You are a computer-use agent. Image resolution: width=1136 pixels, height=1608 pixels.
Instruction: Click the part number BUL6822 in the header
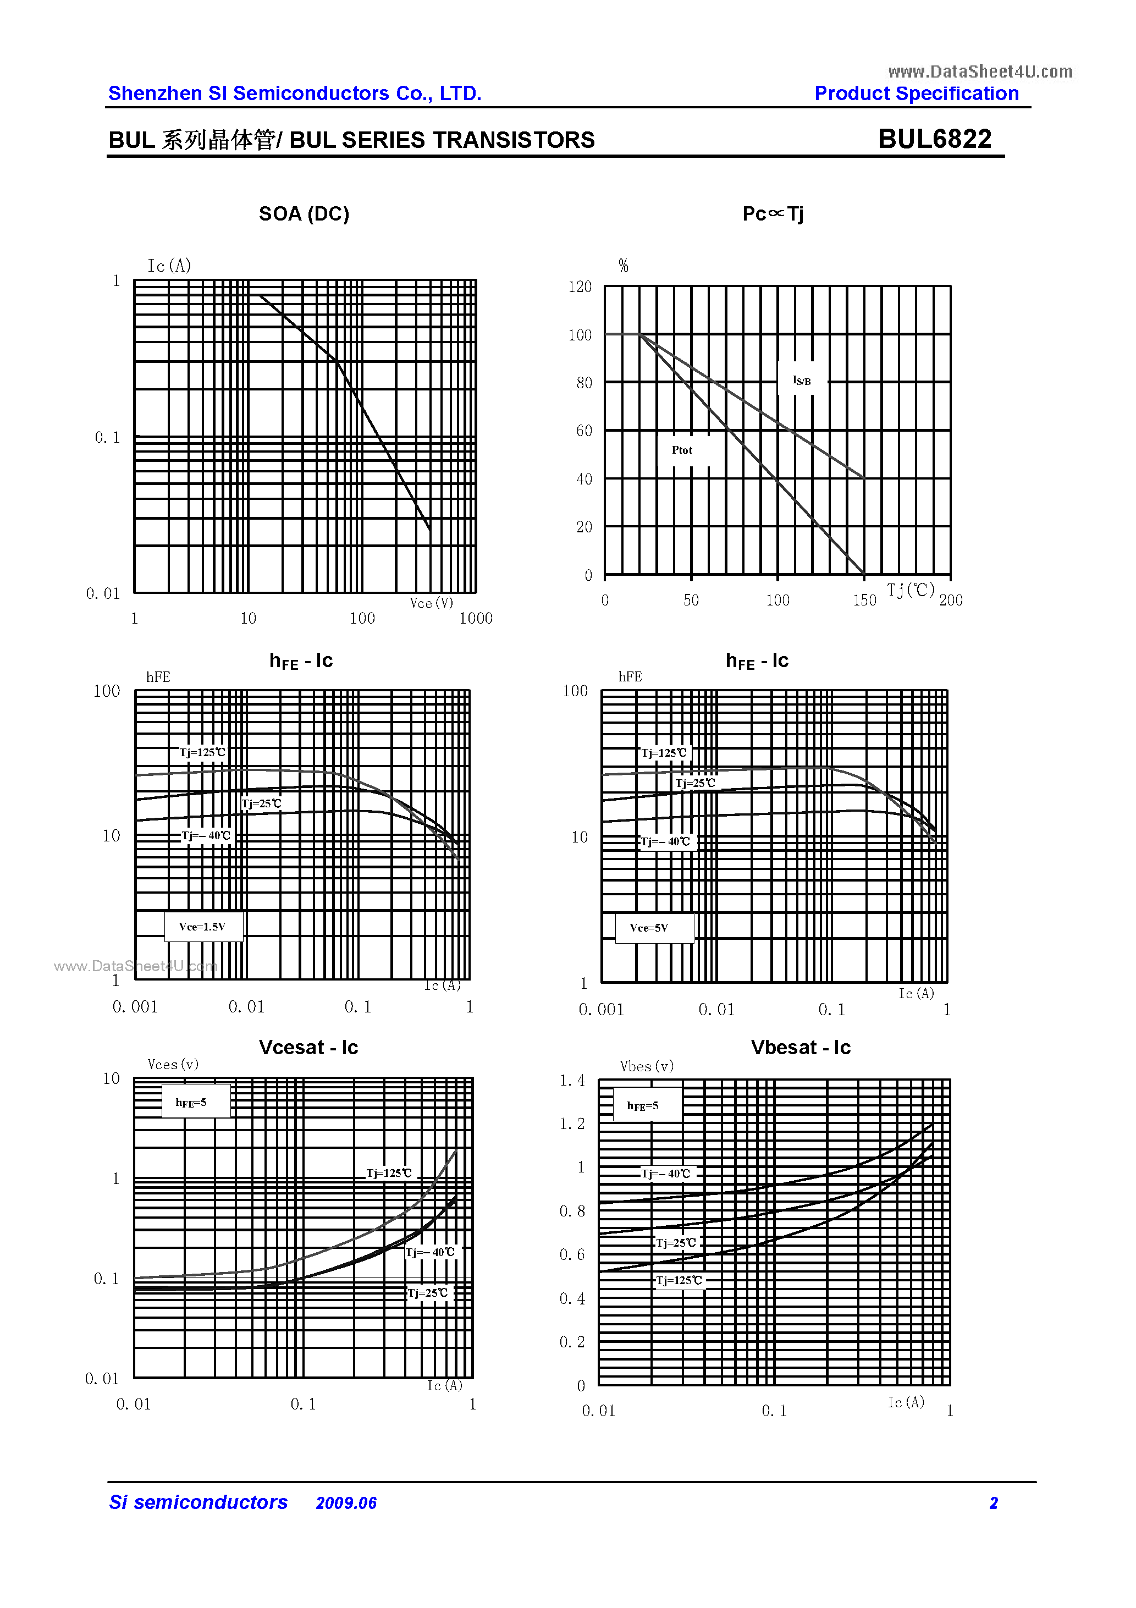934,139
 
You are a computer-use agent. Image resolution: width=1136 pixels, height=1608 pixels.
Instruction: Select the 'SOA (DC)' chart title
304,213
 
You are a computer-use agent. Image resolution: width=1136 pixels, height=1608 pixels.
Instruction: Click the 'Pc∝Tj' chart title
773,213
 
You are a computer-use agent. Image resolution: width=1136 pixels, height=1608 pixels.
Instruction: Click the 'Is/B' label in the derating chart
801,381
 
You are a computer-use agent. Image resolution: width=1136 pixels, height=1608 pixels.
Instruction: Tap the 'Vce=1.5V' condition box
202,927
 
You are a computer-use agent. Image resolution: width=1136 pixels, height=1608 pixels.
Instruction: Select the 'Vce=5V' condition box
649,928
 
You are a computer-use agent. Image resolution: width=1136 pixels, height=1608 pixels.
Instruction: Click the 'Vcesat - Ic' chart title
308,1047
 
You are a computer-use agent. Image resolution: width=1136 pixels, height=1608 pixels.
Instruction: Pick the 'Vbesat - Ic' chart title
801,1047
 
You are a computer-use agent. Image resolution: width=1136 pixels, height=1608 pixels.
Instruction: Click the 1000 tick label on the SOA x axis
476,619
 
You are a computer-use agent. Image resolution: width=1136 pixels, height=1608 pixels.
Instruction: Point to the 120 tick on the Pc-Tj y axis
580,287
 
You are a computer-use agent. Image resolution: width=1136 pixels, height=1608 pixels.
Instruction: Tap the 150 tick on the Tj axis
864,600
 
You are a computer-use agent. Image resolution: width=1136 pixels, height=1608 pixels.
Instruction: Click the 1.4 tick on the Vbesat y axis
572,1081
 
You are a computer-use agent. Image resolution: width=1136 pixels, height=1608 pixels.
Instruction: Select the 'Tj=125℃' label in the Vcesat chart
389,1173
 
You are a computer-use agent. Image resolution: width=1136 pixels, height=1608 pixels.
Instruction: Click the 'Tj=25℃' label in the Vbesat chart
676,1242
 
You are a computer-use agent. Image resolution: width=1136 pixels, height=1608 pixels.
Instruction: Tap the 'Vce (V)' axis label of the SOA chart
432,603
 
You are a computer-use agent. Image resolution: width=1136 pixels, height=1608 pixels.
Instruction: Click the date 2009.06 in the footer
346,1503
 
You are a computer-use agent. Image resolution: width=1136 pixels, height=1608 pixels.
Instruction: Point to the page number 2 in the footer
993,1503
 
